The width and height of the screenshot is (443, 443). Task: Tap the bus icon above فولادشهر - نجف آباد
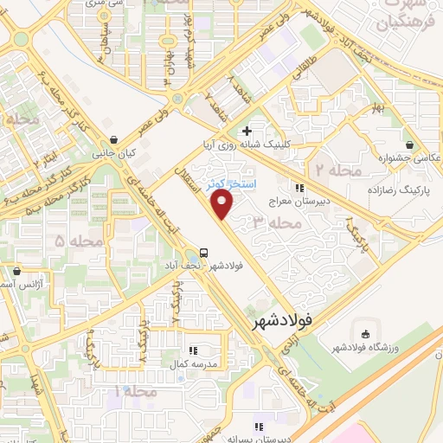(x=202, y=253)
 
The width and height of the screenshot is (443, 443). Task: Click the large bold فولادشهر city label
(x=283, y=323)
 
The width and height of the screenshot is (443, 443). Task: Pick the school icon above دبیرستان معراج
(x=299, y=187)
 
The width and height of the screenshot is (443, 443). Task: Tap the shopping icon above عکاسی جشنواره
(x=409, y=144)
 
